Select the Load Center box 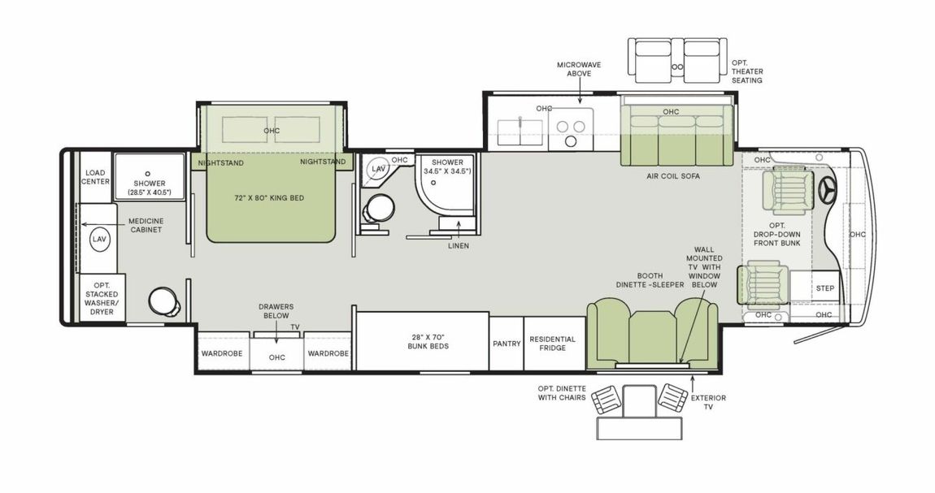pos(96,176)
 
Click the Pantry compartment pos(507,344)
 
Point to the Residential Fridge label pos(552,344)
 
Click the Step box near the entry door pos(825,288)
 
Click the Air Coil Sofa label pos(672,176)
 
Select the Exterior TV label pos(707,402)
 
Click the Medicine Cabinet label pos(146,225)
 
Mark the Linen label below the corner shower pos(458,245)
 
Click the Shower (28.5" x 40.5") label pos(148,188)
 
